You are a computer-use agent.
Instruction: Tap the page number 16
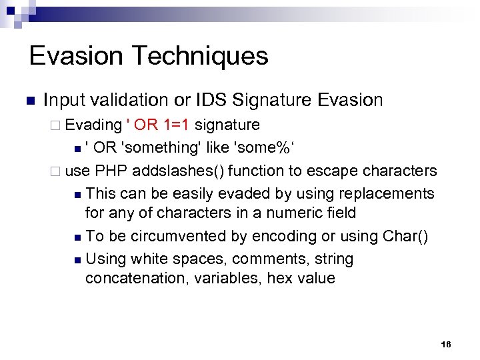click(x=446, y=344)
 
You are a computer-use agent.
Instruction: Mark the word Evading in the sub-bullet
click(x=94, y=125)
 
